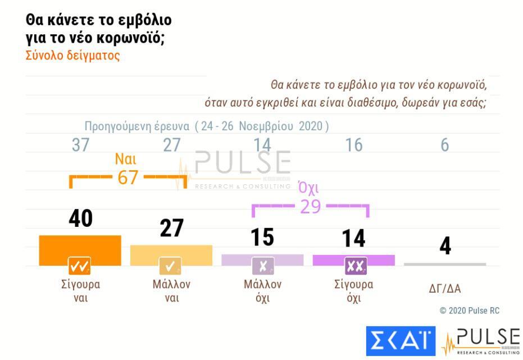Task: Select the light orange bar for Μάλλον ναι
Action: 171,252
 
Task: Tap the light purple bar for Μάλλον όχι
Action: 262,258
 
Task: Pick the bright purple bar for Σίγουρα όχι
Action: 354,258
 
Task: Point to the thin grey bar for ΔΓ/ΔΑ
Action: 445,264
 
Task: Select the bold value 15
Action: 262,238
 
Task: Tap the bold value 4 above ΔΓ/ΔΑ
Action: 445,246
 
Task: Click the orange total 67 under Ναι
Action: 128,177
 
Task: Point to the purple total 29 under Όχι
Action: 310,207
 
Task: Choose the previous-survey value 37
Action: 81,145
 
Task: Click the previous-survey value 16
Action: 354,145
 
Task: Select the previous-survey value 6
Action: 445,145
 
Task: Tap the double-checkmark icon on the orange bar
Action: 80,265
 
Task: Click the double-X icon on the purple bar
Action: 355,265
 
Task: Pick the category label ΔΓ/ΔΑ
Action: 445,290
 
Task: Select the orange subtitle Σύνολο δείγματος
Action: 72,56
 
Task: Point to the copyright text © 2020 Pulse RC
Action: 469,311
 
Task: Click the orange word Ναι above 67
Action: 125,159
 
